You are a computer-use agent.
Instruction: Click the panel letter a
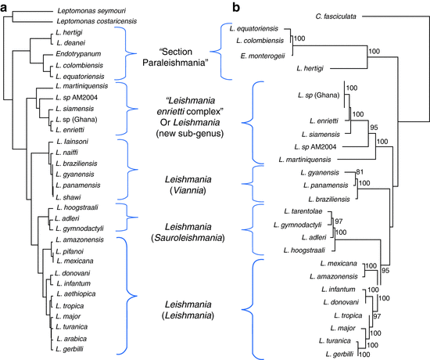coord(7,6)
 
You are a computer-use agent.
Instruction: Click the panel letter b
coord(236,6)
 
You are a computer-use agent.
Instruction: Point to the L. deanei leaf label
coord(70,45)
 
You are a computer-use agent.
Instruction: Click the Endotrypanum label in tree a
coord(76,56)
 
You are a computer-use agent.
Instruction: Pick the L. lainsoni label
coord(73,136)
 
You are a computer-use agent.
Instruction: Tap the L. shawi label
coord(69,197)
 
